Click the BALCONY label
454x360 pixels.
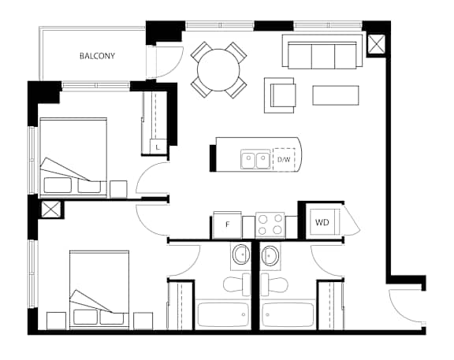(x=97, y=56)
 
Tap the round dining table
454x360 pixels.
(x=218, y=70)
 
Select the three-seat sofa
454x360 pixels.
(x=322, y=52)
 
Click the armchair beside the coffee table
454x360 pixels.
(x=280, y=95)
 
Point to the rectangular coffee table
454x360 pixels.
(x=336, y=95)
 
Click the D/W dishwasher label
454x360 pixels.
(x=284, y=159)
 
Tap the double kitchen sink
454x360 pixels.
(x=255, y=159)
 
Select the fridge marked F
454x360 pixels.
(x=227, y=225)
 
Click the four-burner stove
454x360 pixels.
(x=270, y=225)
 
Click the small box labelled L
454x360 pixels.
(x=158, y=147)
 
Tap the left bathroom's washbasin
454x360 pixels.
(x=241, y=254)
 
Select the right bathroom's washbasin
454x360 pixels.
(x=270, y=255)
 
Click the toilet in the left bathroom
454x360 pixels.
(x=236, y=284)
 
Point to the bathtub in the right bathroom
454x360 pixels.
(x=288, y=314)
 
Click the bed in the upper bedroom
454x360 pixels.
(x=73, y=156)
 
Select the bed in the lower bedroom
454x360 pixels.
(x=99, y=289)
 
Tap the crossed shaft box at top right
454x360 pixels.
(x=376, y=45)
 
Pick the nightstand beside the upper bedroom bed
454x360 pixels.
(x=118, y=189)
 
